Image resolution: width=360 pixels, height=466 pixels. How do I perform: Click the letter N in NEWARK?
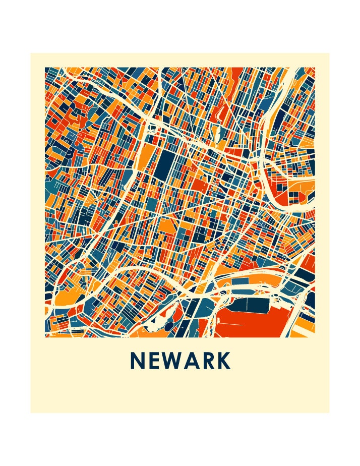[138, 361]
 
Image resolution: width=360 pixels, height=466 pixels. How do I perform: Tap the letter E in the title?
[155, 361]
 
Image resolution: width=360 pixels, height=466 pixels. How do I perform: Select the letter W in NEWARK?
[174, 361]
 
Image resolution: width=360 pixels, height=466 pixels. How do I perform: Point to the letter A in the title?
[194, 361]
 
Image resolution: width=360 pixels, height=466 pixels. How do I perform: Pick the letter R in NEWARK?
[210, 361]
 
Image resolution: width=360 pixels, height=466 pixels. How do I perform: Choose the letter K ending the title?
[225, 361]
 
